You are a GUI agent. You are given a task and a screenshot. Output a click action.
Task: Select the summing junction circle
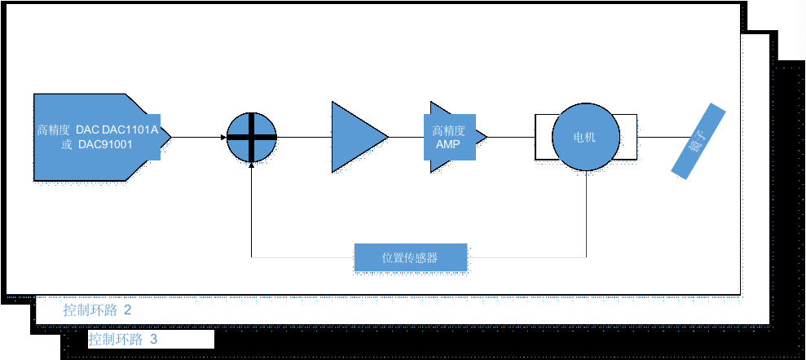(251, 137)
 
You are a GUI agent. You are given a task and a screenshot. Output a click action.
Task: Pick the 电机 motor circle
(586, 137)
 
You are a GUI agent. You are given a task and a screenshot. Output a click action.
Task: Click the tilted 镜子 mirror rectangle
(698, 139)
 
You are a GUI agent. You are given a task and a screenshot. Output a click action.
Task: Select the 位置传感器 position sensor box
(411, 257)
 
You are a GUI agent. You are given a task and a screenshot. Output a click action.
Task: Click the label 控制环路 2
(97, 310)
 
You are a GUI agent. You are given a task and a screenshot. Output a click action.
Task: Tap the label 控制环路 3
(124, 339)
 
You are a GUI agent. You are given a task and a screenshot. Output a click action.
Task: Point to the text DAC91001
(105, 145)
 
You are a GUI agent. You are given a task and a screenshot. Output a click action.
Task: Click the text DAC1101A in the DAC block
(130, 130)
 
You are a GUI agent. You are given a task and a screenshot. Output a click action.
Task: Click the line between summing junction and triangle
(303, 137)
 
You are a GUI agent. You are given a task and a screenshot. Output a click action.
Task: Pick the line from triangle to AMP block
(407, 137)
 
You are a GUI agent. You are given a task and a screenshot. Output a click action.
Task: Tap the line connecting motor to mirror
(660, 137)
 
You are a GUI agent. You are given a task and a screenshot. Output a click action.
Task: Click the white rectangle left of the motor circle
(544, 137)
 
